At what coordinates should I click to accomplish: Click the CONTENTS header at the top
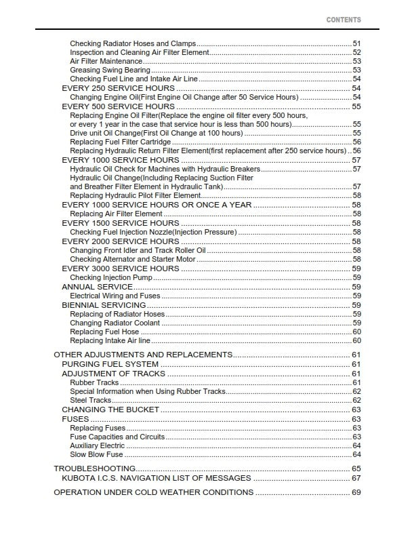click(x=343, y=20)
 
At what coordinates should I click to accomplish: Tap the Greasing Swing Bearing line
click(x=110, y=70)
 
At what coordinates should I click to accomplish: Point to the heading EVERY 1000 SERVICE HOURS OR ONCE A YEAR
click(x=157, y=205)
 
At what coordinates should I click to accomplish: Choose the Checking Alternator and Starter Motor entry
click(x=132, y=259)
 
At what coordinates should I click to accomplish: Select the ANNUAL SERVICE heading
click(x=97, y=287)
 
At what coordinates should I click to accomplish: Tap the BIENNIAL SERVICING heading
click(x=104, y=305)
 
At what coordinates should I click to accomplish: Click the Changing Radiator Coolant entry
click(x=115, y=323)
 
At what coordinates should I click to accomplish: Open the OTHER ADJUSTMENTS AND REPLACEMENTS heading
click(x=142, y=355)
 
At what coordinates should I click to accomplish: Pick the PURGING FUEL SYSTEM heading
click(x=110, y=364)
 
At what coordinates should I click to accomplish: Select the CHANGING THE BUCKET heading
click(x=110, y=410)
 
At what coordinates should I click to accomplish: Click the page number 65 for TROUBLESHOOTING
click(x=356, y=469)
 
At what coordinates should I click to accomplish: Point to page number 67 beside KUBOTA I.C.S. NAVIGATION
click(x=356, y=478)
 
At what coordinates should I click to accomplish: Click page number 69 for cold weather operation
click(x=356, y=492)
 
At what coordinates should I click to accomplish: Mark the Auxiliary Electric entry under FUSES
click(x=97, y=445)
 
